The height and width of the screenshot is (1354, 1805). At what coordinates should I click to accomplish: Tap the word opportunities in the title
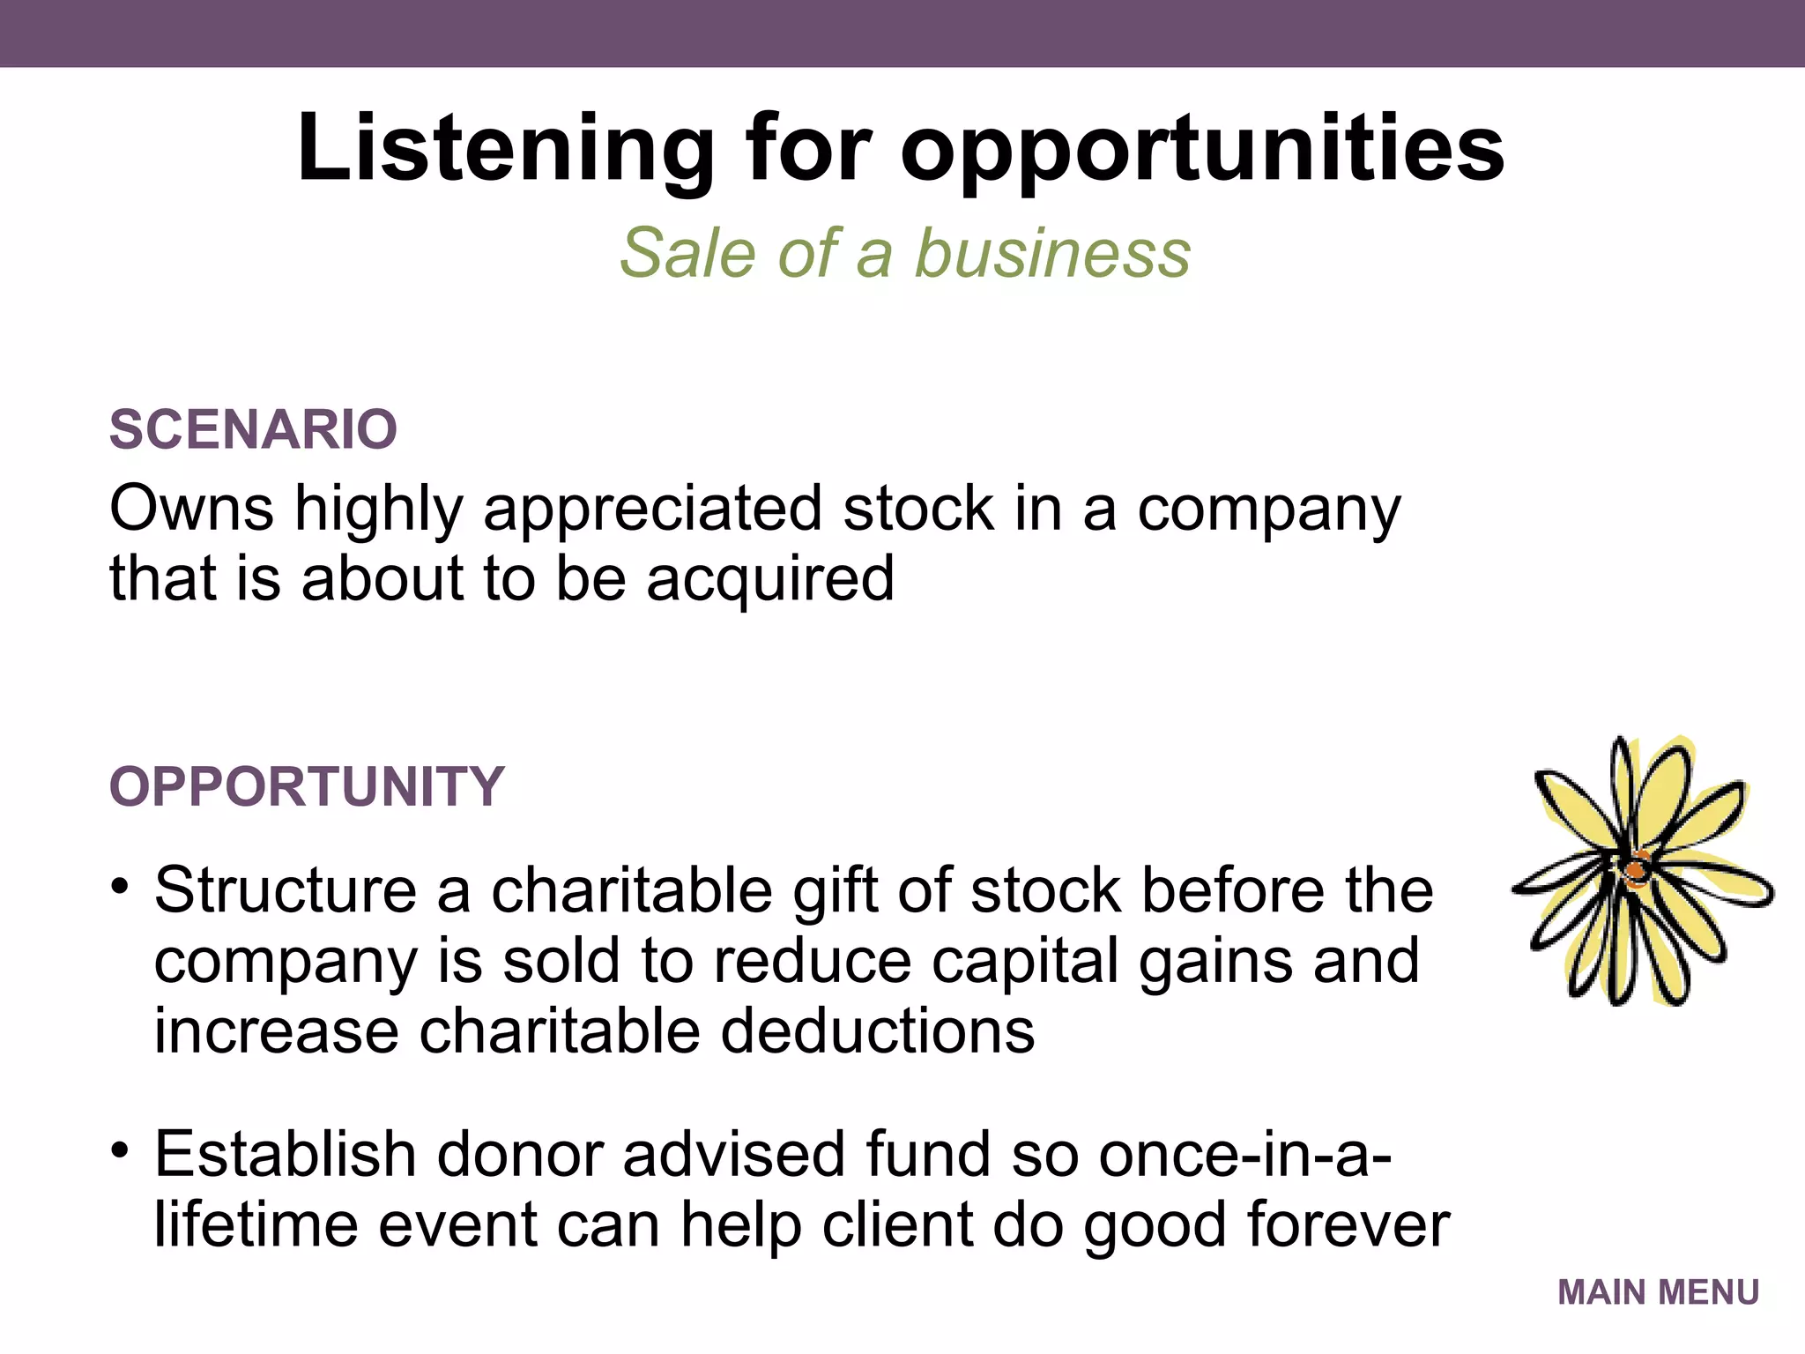pos(1202,148)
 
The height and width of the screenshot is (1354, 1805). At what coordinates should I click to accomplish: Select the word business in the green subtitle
pos(1052,253)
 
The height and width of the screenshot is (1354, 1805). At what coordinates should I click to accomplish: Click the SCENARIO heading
pos(253,429)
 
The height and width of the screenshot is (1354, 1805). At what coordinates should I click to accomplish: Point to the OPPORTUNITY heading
pos(307,786)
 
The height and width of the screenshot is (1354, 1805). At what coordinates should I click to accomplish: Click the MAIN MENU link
pos(1658,1292)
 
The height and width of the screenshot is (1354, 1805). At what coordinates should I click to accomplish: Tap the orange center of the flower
pos(1636,871)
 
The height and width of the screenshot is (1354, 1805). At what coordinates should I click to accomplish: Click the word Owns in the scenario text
pos(191,509)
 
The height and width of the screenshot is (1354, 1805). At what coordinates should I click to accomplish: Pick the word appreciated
pos(652,510)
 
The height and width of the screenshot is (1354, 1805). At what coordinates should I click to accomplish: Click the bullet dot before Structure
pos(121,885)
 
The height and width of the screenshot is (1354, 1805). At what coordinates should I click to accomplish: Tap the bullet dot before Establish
pos(121,1149)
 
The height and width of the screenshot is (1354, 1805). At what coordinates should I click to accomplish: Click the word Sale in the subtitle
pos(687,253)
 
